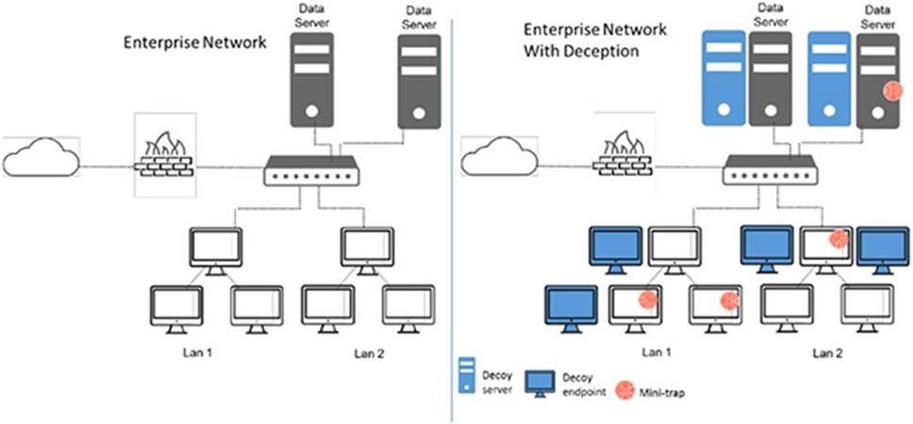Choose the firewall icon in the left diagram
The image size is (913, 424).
tap(165, 155)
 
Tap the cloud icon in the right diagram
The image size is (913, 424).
tap(496, 156)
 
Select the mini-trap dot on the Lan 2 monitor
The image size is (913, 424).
tap(836, 239)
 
